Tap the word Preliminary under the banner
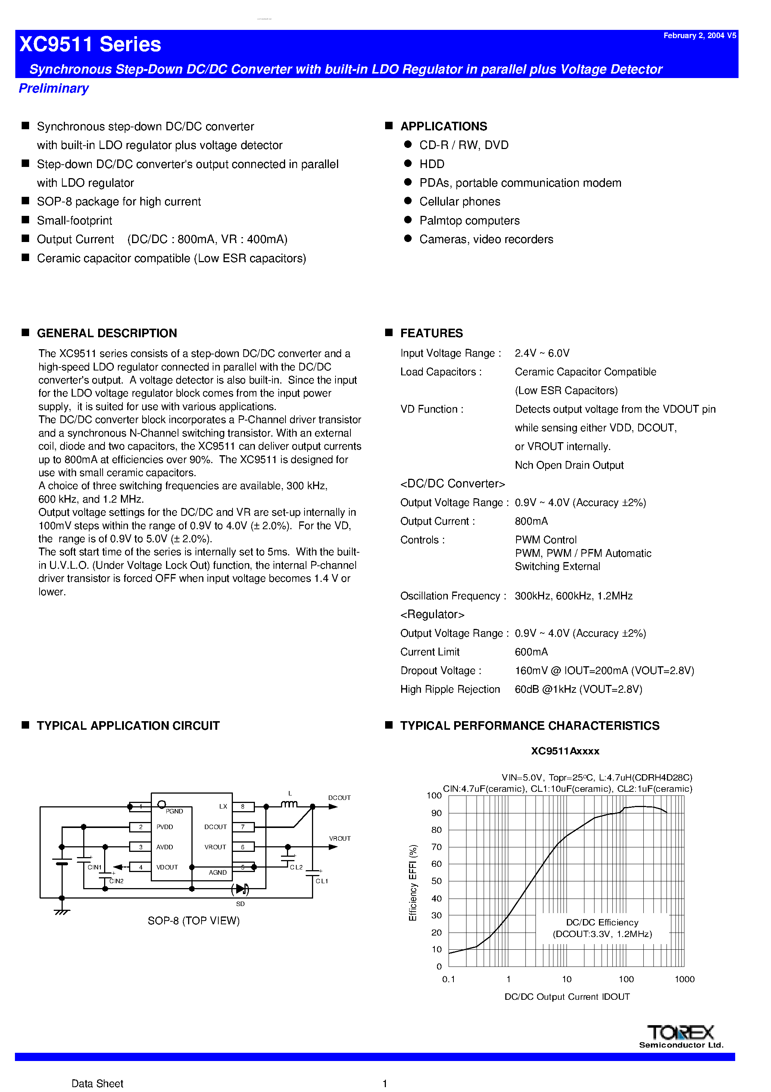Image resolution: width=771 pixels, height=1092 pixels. click(54, 89)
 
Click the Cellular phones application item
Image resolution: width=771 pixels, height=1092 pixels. click(459, 202)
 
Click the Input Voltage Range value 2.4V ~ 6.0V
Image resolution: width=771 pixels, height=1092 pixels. click(542, 353)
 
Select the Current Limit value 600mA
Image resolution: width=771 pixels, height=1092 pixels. click(531, 652)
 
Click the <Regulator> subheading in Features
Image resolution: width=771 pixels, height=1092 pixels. click(432, 614)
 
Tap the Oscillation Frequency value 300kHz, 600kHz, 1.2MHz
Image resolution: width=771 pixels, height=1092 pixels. click(573, 596)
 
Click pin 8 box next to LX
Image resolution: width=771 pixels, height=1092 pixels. click(243, 807)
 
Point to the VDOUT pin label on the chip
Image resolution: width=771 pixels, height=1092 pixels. click(167, 868)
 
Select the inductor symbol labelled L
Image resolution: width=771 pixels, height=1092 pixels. click(289, 804)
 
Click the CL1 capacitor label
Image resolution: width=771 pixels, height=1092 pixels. click(322, 881)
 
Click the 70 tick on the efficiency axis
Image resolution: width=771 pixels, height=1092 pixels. click(436, 847)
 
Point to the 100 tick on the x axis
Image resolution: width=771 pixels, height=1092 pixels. click(626, 979)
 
